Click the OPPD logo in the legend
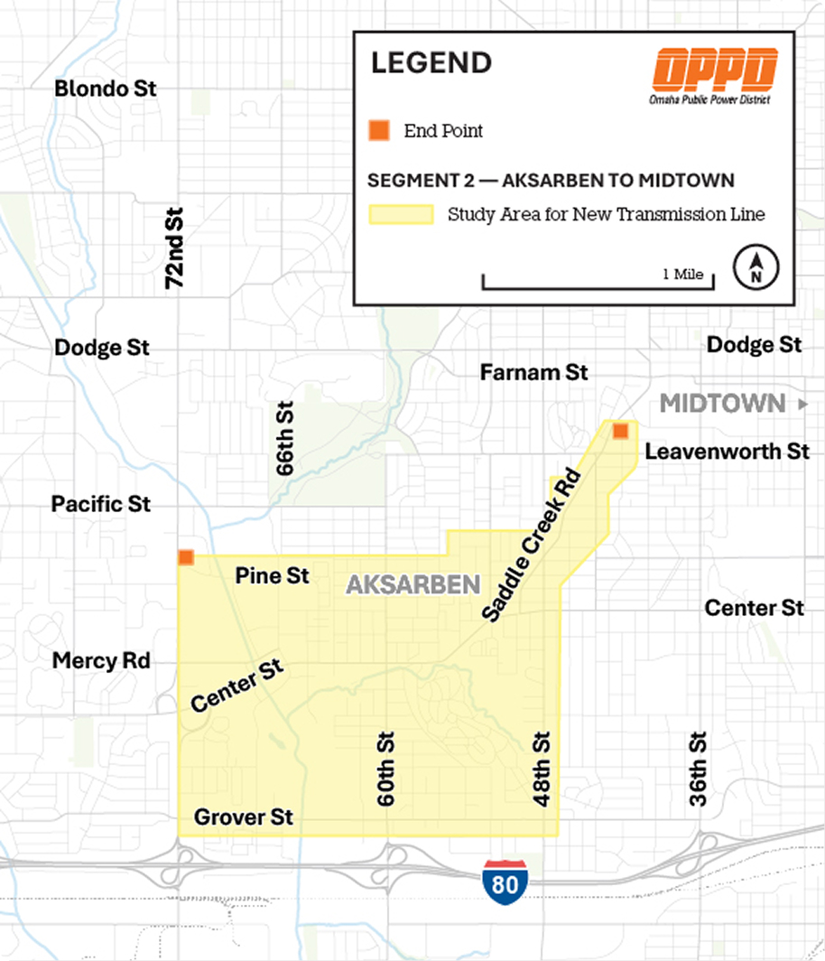tap(716, 70)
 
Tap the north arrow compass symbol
tap(757, 268)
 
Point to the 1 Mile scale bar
tap(598, 283)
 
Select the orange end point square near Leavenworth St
tap(620, 431)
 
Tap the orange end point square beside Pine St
tap(186, 557)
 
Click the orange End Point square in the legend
tap(379, 130)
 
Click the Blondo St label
tap(106, 89)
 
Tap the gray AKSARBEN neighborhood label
tap(413, 585)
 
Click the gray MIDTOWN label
tap(723, 404)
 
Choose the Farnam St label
tap(533, 372)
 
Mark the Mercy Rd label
tap(101, 661)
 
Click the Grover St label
tap(245, 817)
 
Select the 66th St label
tap(284, 439)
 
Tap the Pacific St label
tap(101, 503)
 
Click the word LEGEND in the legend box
tap(431, 63)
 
